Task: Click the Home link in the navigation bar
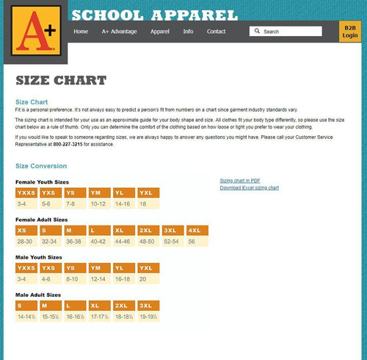click(81, 32)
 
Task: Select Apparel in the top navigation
click(159, 32)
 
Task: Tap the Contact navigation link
click(216, 32)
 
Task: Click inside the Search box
click(290, 32)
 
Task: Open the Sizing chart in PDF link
click(240, 181)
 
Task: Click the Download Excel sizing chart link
click(249, 188)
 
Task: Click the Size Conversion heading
click(41, 166)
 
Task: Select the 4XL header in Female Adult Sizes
click(197, 231)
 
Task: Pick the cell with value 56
click(193, 241)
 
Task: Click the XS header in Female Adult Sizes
click(25, 231)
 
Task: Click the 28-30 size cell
click(26, 241)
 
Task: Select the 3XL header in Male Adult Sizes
click(146, 306)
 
